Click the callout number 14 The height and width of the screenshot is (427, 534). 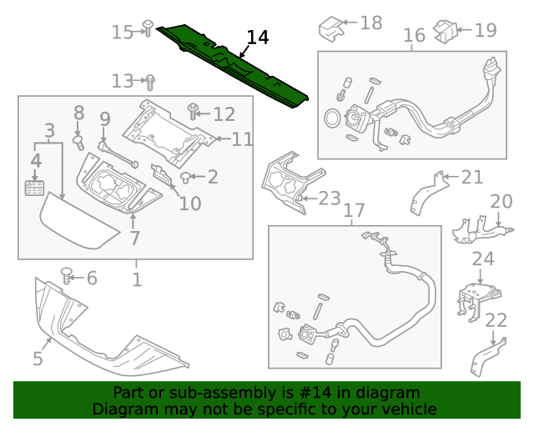pos(258,38)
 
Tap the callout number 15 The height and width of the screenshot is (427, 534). pos(122,32)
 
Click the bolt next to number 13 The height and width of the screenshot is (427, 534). pos(150,82)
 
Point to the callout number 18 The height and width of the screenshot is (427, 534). pos(370,23)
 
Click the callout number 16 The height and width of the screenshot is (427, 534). pos(415,36)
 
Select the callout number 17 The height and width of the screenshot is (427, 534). pos(354,211)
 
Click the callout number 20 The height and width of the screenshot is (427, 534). pos(501,201)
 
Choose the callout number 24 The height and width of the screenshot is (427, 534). pos(482,259)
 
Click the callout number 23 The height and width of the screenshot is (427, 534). pos(330,198)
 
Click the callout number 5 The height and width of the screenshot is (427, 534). pos(38,359)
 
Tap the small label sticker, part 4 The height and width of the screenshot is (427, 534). pos(35,187)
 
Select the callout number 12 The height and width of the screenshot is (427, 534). pos(224,114)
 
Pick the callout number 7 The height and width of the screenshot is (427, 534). pos(133,239)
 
